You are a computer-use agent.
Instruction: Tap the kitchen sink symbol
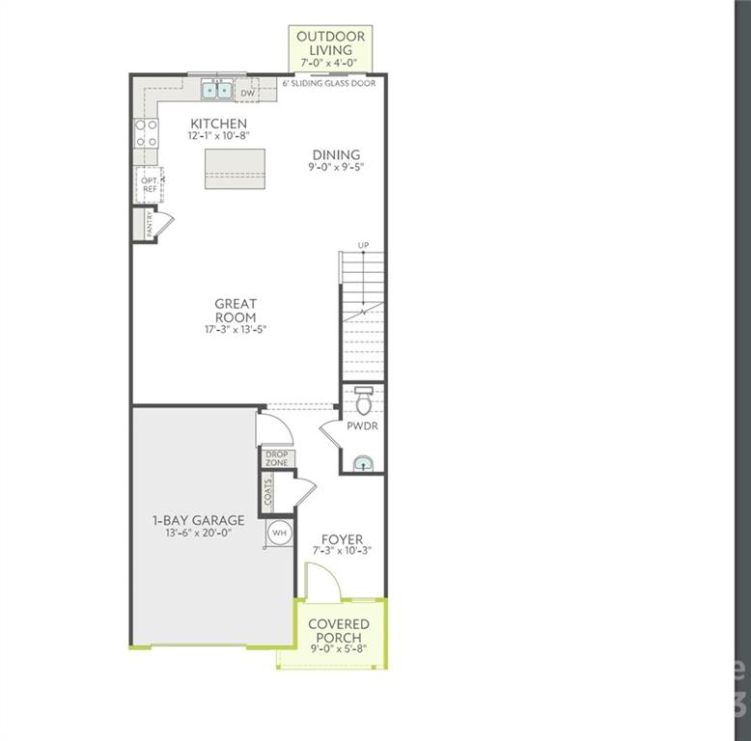pyautogui.click(x=216, y=91)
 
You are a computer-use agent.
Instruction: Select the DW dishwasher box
pyautogui.click(x=247, y=93)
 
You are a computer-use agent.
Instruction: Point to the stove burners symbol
pyautogui.click(x=146, y=133)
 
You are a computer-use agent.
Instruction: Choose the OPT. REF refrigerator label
pyautogui.click(x=149, y=185)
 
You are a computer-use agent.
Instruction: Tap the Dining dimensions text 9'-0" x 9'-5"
pyautogui.click(x=336, y=168)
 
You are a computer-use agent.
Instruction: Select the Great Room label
pyautogui.click(x=236, y=311)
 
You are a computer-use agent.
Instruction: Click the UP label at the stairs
pyautogui.click(x=363, y=245)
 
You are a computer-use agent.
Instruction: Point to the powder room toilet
pyautogui.click(x=363, y=399)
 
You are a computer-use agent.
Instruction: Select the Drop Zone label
pyautogui.click(x=277, y=459)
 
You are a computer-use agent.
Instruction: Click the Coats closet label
pyautogui.click(x=268, y=492)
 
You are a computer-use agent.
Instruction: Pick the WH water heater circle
pyautogui.click(x=278, y=533)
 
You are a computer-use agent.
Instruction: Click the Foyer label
pyautogui.click(x=342, y=539)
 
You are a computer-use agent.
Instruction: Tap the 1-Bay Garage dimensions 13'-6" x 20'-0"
pyautogui.click(x=198, y=534)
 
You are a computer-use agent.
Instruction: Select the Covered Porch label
pyautogui.click(x=338, y=631)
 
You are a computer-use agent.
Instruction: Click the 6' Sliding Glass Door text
pyautogui.click(x=328, y=84)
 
